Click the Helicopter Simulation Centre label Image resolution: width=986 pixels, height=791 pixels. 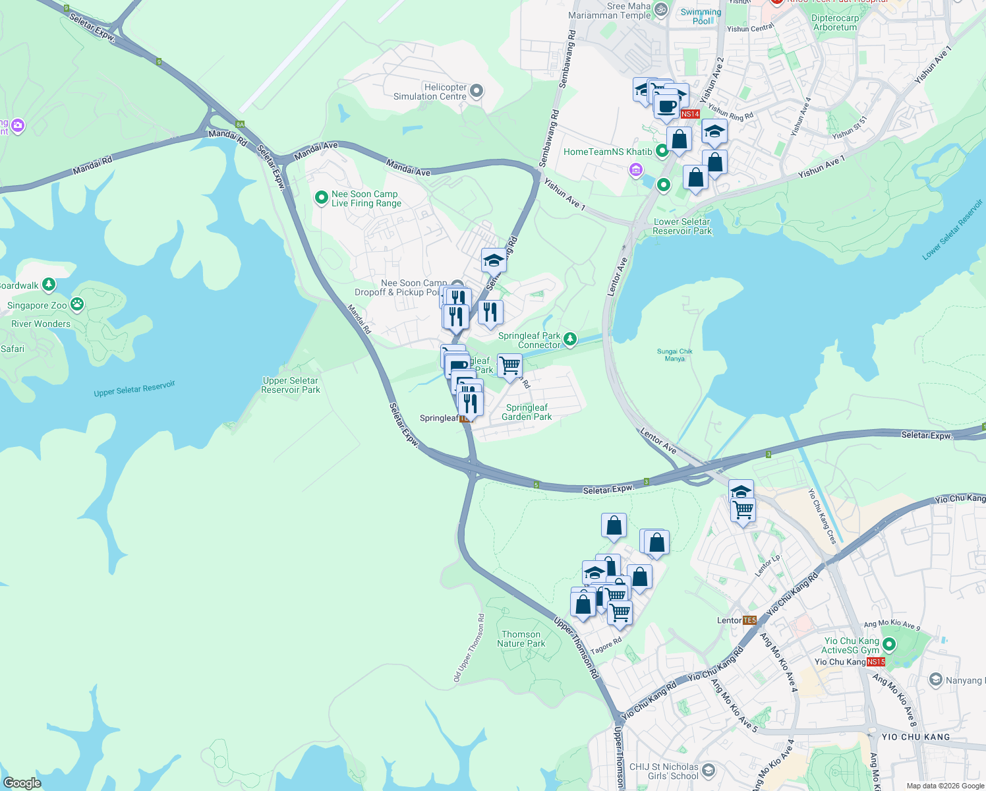[x=430, y=92]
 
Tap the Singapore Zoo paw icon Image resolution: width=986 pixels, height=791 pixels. [x=77, y=305]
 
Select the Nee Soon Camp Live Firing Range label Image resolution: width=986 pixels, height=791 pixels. [x=366, y=198]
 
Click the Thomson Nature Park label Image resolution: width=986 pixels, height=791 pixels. [x=521, y=639]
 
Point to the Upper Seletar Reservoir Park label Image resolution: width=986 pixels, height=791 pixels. [x=290, y=385]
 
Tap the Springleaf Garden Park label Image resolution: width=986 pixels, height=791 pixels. [x=527, y=412]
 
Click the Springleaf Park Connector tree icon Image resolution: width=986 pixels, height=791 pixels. [x=570, y=339]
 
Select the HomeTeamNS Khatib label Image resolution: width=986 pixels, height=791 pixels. [x=607, y=152]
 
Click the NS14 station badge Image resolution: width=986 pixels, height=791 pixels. [x=689, y=114]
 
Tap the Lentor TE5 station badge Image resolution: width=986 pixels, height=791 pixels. [x=749, y=620]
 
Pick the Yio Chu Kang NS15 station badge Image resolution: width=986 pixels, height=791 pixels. [x=875, y=662]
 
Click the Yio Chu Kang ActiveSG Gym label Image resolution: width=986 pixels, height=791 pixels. [x=850, y=645]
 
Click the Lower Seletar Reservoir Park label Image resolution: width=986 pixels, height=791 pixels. [x=682, y=226]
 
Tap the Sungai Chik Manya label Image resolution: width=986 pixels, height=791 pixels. [x=674, y=355]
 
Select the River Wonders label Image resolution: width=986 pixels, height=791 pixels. [x=41, y=324]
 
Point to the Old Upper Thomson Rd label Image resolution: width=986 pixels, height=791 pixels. [x=469, y=649]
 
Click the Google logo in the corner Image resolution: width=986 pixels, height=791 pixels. [x=22, y=783]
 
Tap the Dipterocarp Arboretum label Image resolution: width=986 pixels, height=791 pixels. [x=835, y=23]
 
